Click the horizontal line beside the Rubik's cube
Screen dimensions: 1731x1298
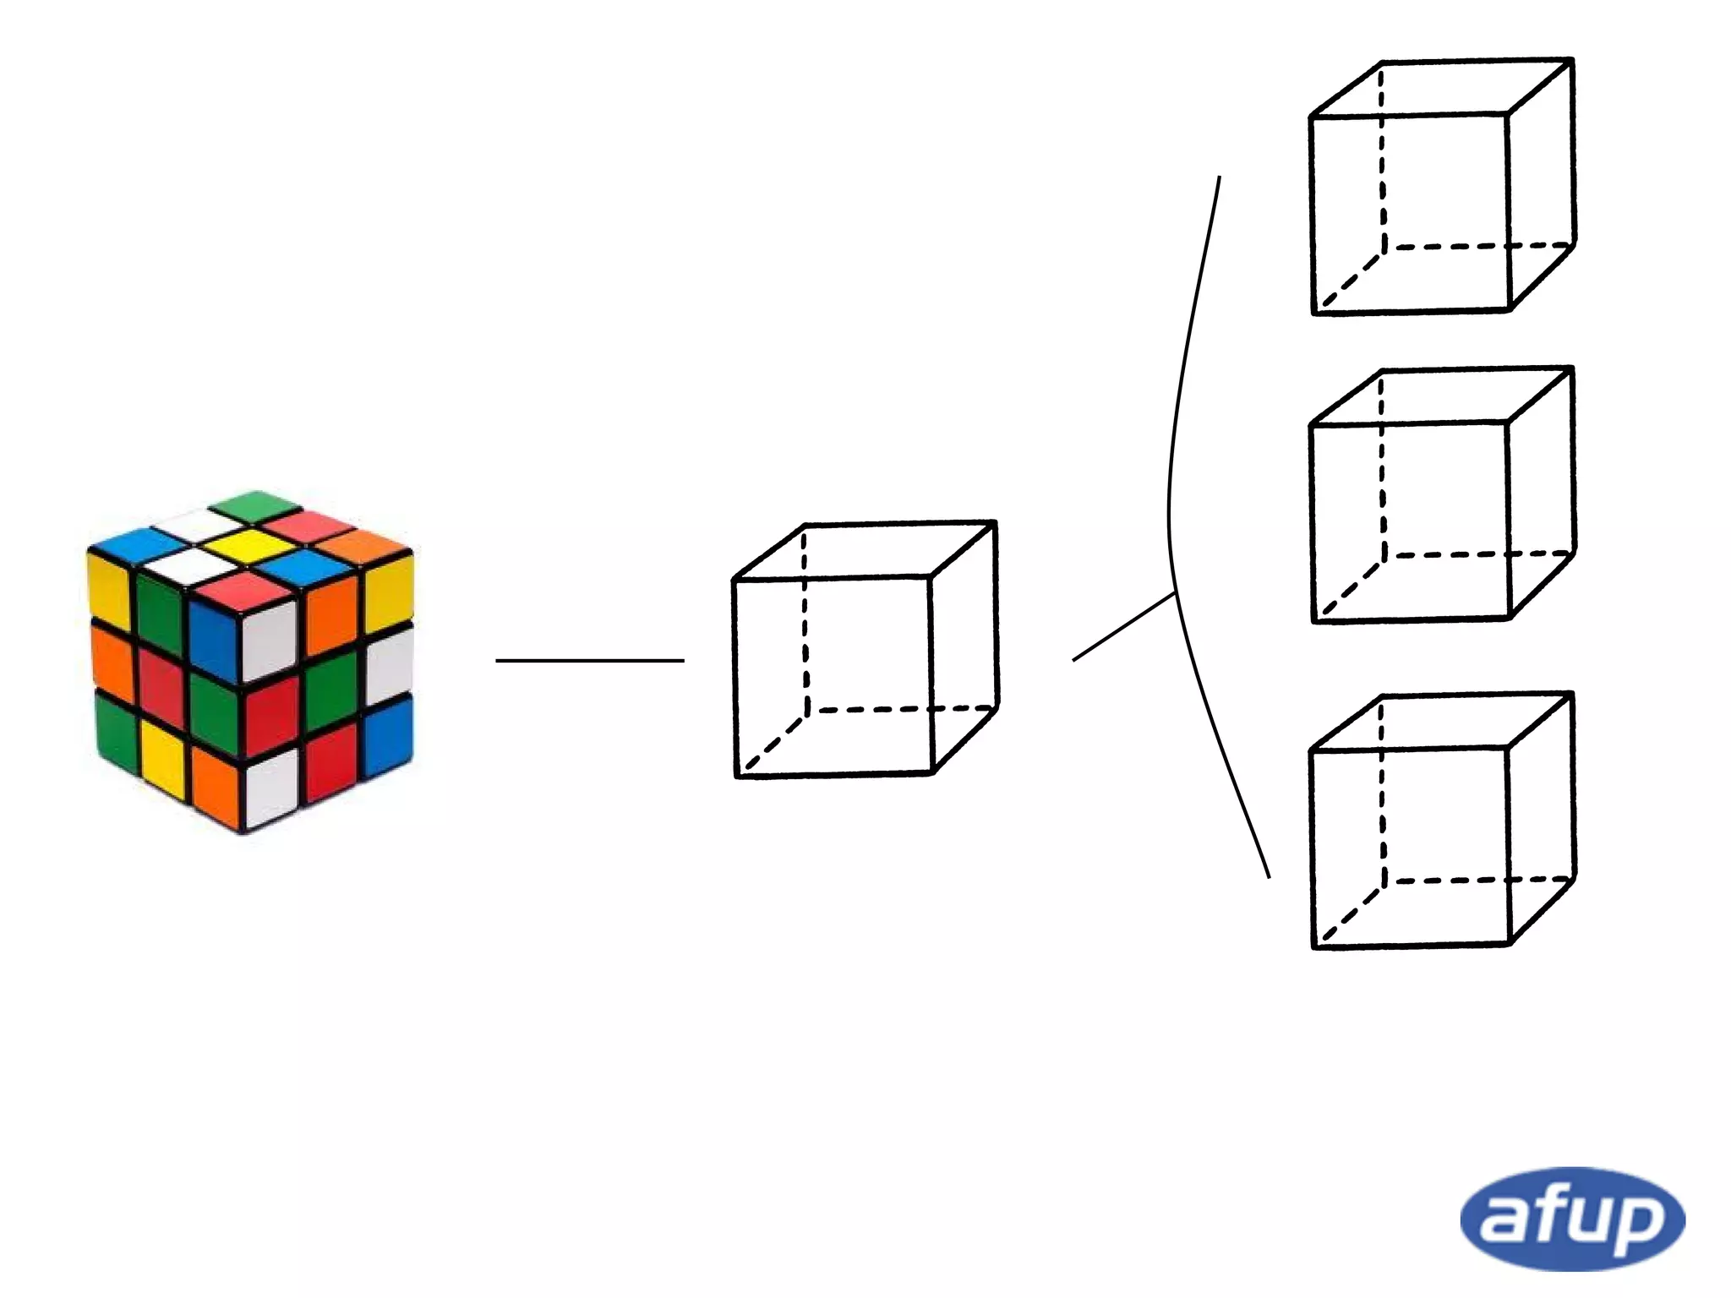pyautogui.click(x=589, y=660)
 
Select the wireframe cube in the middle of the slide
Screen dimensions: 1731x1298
pyautogui.click(x=865, y=649)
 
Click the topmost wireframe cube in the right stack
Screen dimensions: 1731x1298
pyautogui.click(x=1442, y=187)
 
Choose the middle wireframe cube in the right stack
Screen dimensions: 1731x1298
pyautogui.click(x=1442, y=495)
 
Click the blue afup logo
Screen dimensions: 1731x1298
pyautogui.click(x=1572, y=1219)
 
